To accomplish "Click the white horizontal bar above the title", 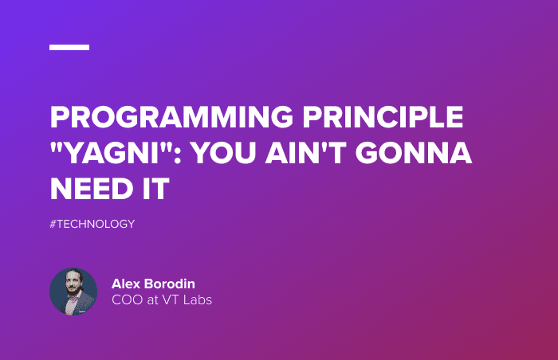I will click(x=69, y=47).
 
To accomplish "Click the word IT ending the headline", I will click(x=157, y=190).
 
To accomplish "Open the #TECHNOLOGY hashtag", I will click(x=92, y=224).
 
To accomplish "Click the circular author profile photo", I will click(x=73, y=292).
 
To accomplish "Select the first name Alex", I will click(x=127, y=284).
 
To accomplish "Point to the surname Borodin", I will click(x=173, y=284).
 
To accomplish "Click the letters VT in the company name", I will click(x=176, y=300).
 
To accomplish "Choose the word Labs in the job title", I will click(x=199, y=300).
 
